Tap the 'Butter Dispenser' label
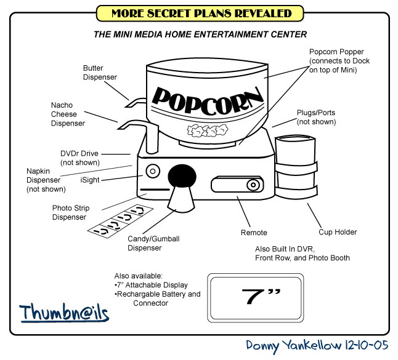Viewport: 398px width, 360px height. tap(100, 72)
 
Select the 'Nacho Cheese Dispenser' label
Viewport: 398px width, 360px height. tap(68, 114)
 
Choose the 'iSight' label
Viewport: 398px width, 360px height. tap(89, 180)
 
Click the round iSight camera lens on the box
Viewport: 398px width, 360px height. tap(152, 170)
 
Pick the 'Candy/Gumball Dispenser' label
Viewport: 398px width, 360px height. tap(144, 243)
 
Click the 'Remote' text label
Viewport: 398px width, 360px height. tap(254, 233)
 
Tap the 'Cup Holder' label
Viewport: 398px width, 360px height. tap(338, 232)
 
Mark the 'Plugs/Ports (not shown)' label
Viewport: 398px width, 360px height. tap(316, 118)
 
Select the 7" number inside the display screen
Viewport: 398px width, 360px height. tap(254, 296)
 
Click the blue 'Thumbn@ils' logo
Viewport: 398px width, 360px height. tap(63, 313)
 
